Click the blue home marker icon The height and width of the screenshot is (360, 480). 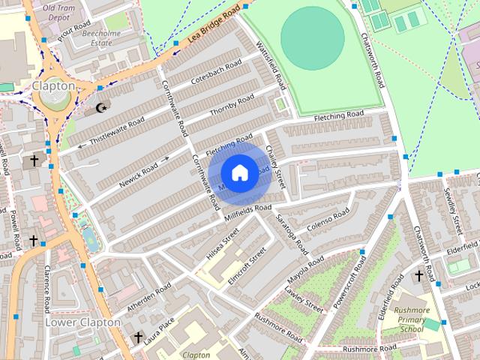239,173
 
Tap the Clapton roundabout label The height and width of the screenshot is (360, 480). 53,86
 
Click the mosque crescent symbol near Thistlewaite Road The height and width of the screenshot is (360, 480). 100,109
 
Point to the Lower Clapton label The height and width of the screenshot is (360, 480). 82,322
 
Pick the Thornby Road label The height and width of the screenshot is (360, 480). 232,106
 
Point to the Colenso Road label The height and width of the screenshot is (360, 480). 328,219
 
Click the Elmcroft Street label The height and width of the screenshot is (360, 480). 247,265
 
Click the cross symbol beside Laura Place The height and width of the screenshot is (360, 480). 137,338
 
